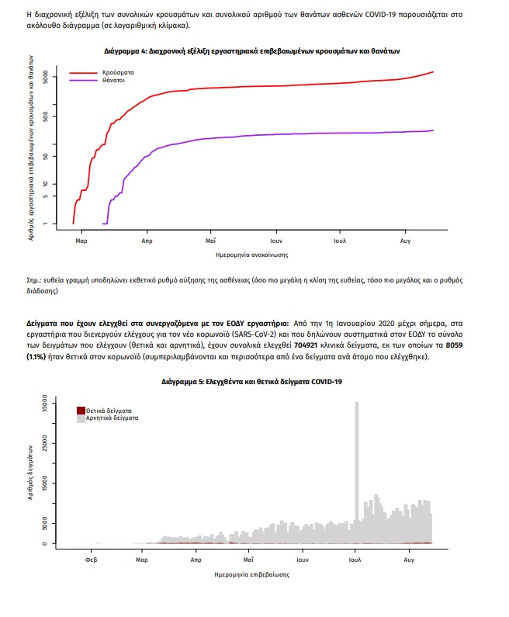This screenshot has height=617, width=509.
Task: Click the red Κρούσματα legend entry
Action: click(102, 72)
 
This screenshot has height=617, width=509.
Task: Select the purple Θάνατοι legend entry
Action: click(97, 80)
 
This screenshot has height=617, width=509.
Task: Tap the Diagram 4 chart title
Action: click(251, 51)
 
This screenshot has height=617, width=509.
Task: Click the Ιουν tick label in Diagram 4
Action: click(276, 241)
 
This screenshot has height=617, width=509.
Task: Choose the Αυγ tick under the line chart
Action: click(405, 241)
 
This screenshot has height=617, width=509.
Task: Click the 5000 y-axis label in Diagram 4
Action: click(46, 77)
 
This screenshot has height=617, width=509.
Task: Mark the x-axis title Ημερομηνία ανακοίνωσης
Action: click(251, 255)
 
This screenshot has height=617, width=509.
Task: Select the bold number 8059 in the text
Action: click(455, 345)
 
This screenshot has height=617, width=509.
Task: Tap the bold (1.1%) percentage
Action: click(36, 356)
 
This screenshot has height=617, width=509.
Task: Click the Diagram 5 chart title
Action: click(251, 382)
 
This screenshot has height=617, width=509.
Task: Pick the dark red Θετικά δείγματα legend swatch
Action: click(81, 411)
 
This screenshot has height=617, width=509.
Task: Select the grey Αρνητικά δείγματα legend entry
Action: click(107, 418)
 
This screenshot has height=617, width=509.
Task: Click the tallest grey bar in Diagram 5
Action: click(357, 472)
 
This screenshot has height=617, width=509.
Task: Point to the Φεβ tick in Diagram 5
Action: click(92, 560)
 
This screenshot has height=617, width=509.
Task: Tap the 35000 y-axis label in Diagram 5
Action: click(44, 404)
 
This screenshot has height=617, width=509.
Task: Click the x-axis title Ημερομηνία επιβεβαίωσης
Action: click(251, 574)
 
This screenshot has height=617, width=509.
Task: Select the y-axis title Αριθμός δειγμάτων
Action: click(30, 473)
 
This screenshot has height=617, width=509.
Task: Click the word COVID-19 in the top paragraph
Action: click(380, 15)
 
